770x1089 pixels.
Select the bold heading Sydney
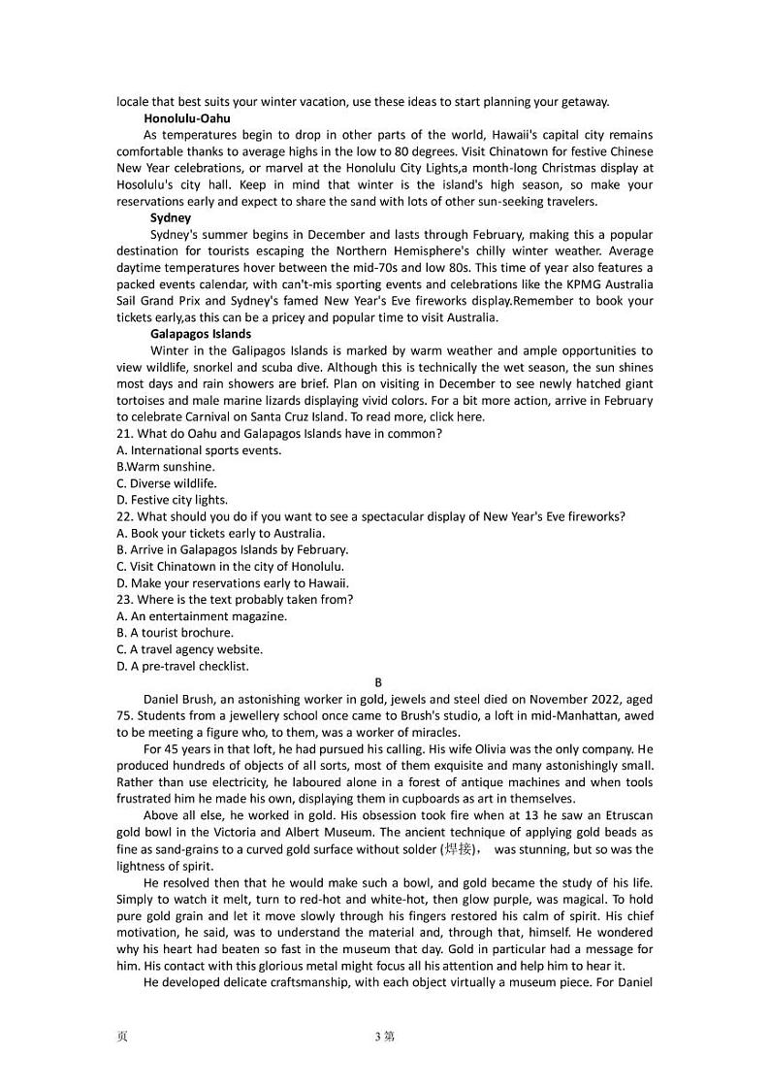pyautogui.click(x=171, y=217)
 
